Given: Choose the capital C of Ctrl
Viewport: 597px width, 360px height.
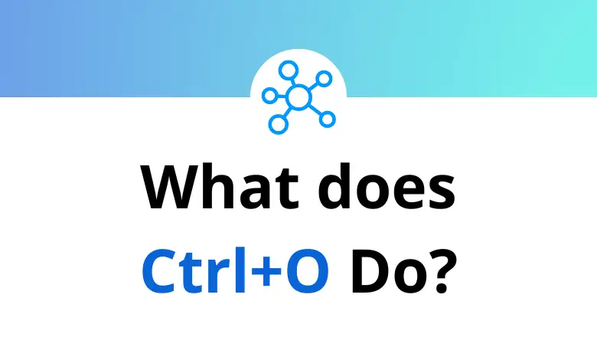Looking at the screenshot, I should (159, 270).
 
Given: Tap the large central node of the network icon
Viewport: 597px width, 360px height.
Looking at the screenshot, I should (298, 97).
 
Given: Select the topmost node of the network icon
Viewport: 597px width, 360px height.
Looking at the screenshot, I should (289, 71).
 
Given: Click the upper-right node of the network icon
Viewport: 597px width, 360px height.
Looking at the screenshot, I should (324, 79).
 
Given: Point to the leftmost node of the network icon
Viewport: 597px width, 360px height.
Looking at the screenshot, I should (269, 95).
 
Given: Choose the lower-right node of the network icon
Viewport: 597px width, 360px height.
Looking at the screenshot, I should (327, 119).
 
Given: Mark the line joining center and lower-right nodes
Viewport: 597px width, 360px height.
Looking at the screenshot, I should (314, 109).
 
